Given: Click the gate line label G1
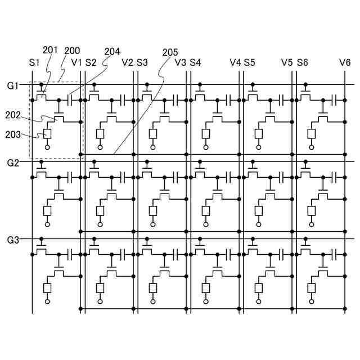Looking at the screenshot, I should pos(13,86).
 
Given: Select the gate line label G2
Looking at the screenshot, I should pos(13,163).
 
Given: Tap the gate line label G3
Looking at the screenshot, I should pos(13,240).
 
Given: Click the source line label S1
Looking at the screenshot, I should pos(34,62).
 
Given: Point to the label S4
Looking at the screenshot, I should pos(195,62).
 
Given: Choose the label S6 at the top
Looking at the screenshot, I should pos(303,62).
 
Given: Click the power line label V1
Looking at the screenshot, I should pos(77,62).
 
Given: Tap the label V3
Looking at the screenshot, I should pos(181,62).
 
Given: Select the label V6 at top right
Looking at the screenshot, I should pos(345,62).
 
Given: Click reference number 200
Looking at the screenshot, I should pos(72,51).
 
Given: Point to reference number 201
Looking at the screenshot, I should pos(50,51).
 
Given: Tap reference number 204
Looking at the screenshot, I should pos(112,51).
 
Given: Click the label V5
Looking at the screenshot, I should pos(287,62).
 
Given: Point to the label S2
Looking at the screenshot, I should pos(91,62).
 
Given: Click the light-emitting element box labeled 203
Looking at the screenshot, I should pos(47,134).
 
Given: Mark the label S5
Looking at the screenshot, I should pos(249,62).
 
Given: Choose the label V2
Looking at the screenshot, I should pos(128,62).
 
